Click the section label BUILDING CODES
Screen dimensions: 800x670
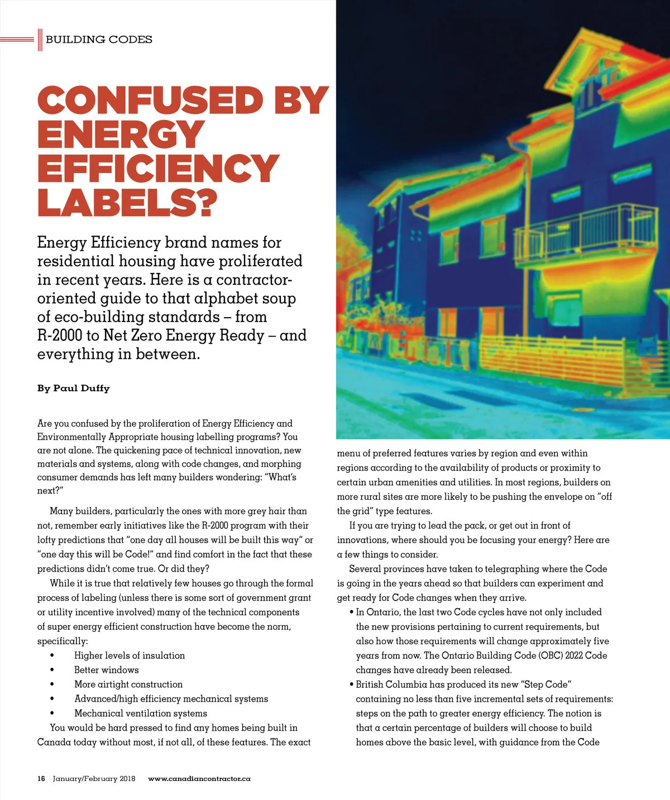[x=99, y=40]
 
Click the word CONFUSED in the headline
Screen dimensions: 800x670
[x=150, y=100]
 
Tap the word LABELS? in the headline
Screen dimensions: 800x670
[x=127, y=202]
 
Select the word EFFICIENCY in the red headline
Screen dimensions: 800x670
[x=158, y=169]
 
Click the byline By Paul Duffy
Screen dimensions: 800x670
[x=73, y=388]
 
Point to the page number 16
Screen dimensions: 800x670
[x=41, y=778]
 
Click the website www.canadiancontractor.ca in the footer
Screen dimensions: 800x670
[x=199, y=778]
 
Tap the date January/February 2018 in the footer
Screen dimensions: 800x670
[x=94, y=778]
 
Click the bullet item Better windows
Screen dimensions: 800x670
[x=106, y=670]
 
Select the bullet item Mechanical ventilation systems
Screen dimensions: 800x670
[x=140, y=713]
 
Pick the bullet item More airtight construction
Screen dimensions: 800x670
[x=128, y=684]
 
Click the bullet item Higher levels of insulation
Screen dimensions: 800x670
[x=129, y=655]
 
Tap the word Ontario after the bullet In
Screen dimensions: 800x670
[x=382, y=612]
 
